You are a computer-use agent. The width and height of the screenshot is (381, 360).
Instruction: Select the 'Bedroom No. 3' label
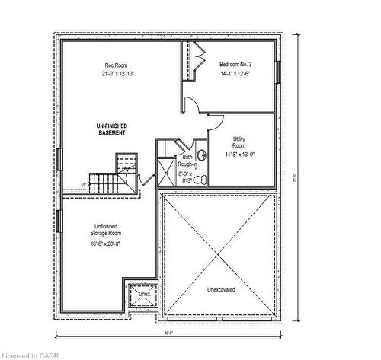[235, 65]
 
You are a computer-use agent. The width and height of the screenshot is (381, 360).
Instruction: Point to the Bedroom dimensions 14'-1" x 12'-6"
[235, 74]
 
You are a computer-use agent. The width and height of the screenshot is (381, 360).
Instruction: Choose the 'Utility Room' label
[239, 142]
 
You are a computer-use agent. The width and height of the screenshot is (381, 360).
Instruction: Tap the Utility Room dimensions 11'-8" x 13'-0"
[239, 155]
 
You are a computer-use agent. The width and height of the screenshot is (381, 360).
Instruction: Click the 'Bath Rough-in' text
[187, 161]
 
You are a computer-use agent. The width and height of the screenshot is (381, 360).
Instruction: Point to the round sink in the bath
[192, 154]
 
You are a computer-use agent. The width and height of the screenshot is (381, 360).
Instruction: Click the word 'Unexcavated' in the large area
[221, 290]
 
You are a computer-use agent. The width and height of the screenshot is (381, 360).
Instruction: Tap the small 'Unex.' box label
[143, 293]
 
